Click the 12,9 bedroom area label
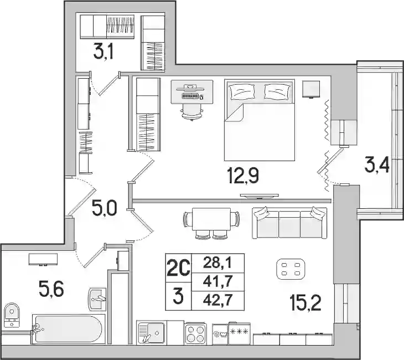click(243, 176)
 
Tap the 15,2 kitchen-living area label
click(305, 303)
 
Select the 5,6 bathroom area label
click(51, 289)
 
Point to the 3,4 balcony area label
click(377, 166)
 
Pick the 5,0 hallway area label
click(105, 208)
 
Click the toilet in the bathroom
click(12, 315)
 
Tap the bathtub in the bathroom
click(68, 329)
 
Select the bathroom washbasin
click(97, 299)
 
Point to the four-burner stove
click(195, 333)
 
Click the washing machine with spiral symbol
click(220, 334)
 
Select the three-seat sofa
click(289, 223)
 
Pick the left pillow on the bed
click(242, 91)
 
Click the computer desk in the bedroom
click(192, 92)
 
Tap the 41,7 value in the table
click(218, 282)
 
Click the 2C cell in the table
click(178, 268)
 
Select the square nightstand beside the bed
click(311, 89)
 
